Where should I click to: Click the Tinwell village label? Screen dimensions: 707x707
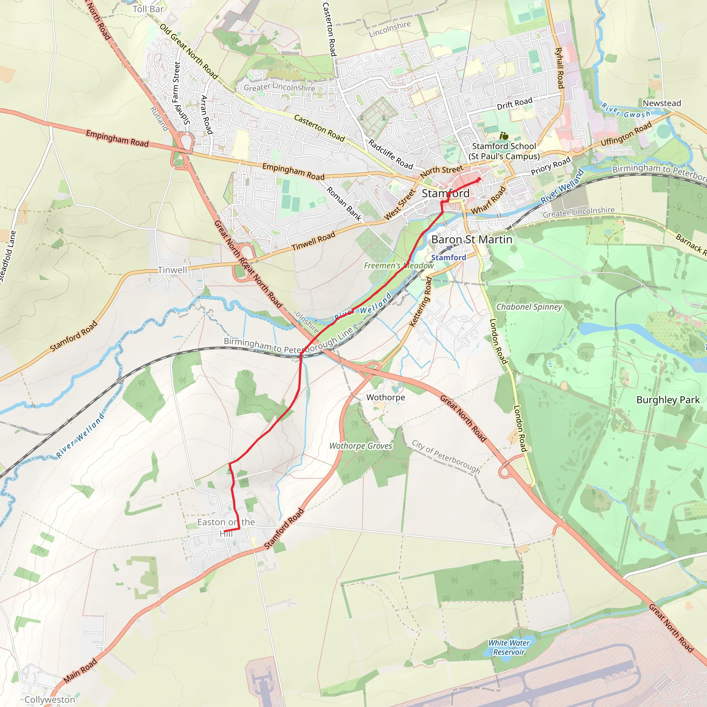point(172,270)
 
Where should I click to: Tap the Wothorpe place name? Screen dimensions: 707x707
point(385,397)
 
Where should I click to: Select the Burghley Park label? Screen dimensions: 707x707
point(668,400)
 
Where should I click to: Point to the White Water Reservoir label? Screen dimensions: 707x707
point(509,647)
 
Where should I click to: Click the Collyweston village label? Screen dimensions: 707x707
point(50,700)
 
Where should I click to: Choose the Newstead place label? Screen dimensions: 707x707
point(662,103)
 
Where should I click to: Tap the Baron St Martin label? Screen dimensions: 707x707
point(471,240)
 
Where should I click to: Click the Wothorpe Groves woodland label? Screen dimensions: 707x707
point(360,446)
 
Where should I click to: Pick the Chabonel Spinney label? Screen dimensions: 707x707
point(529,307)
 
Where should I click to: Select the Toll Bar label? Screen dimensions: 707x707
point(148,9)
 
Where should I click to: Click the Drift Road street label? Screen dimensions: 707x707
point(514,104)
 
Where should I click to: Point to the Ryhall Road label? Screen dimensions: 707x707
point(559,68)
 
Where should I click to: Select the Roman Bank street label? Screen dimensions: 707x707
point(343,203)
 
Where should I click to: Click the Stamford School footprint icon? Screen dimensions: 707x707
point(504,136)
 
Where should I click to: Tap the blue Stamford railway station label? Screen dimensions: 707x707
point(448,258)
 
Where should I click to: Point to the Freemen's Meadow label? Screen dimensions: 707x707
point(398,265)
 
